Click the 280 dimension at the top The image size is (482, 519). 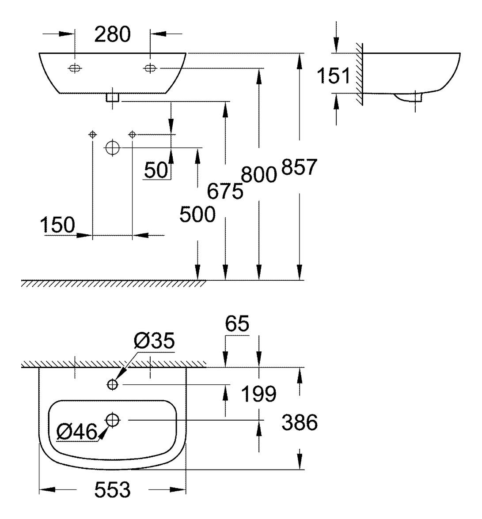pyautogui.click(x=112, y=35)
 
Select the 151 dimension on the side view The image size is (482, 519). pyautogui.click(x=334, y=76)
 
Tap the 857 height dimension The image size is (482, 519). pyautogui.click(x=300, y=167)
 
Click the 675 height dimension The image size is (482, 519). pyautogui.click(x=225, y=192)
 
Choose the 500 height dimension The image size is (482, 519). pyautogui.click(x=197, y=215)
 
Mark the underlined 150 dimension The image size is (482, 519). pyautogui.click(x=57, y=225)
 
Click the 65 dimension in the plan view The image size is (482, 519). pyautogui.click(x=237, y=324)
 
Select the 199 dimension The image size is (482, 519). pyautogui.click(x=258, y=394)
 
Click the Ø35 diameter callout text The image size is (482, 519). pyautogui.click(x=154, y=341)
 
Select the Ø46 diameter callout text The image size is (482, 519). pyautogui.click(x=77, y=432)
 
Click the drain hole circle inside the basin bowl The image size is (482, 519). pyautogui.click(x=113, y=420)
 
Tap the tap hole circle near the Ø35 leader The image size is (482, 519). pyautogui.click(x=113, y=385)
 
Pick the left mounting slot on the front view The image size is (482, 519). pyautogui.click(x=75, y=68)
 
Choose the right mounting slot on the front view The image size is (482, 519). pyautogui.click(x=150, y=68)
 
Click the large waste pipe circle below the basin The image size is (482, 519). pyautogui.click(x=113, y=147)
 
